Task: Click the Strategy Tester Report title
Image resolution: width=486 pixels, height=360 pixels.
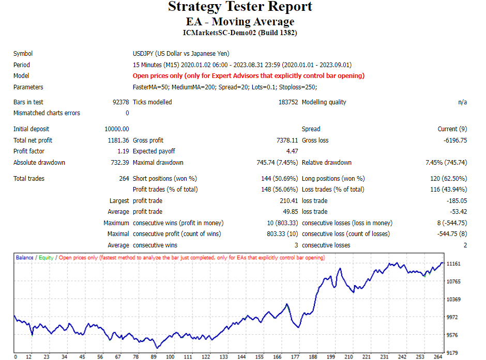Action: tap(240, 7)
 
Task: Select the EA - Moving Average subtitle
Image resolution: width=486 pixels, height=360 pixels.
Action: tap(240, 22)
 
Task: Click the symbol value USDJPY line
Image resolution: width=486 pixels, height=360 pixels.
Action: tap(181, 54)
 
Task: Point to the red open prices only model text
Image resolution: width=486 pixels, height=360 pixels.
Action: tap(249, 76)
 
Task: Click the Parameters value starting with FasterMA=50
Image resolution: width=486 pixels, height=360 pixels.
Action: tap(225, 87)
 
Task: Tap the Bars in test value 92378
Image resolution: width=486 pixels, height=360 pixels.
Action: tap(120, 102)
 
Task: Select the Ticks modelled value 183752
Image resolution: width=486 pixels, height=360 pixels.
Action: tap(288, 102)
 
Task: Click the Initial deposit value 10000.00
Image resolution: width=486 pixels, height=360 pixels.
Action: tap(116, 129)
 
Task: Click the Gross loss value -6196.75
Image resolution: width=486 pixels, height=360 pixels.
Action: tap(452, 140)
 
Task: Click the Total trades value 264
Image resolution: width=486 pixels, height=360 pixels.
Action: tap(124, 179)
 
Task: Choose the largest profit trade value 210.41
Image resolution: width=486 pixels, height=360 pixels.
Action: tap(289, 201)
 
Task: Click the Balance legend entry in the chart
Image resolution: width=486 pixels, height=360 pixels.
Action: tap(24, 257)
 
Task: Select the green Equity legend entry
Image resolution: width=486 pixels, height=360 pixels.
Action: tap(45, 257)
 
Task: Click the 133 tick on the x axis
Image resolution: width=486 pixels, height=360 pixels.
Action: tap(223, 356)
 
